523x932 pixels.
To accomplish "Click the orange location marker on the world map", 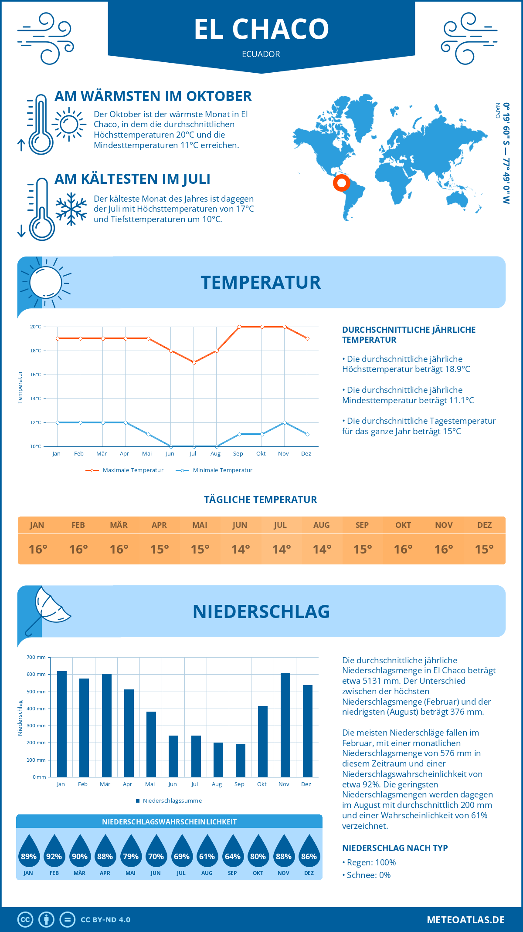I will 341,182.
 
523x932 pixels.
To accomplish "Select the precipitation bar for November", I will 285,725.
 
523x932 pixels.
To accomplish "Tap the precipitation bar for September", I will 240,760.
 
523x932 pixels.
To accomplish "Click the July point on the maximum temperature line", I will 194,362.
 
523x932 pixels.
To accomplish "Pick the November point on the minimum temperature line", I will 285,422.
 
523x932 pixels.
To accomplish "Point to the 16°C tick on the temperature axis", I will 36,375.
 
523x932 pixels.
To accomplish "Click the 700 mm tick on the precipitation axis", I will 36,657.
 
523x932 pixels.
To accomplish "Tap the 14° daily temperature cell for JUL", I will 281,549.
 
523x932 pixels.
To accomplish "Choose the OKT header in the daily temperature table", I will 403,525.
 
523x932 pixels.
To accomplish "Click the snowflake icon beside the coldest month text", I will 71,209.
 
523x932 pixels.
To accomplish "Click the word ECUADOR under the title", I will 261,54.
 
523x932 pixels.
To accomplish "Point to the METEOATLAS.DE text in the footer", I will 465,920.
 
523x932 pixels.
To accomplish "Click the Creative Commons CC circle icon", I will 25,920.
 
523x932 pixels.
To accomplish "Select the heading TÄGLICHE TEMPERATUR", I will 261,500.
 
